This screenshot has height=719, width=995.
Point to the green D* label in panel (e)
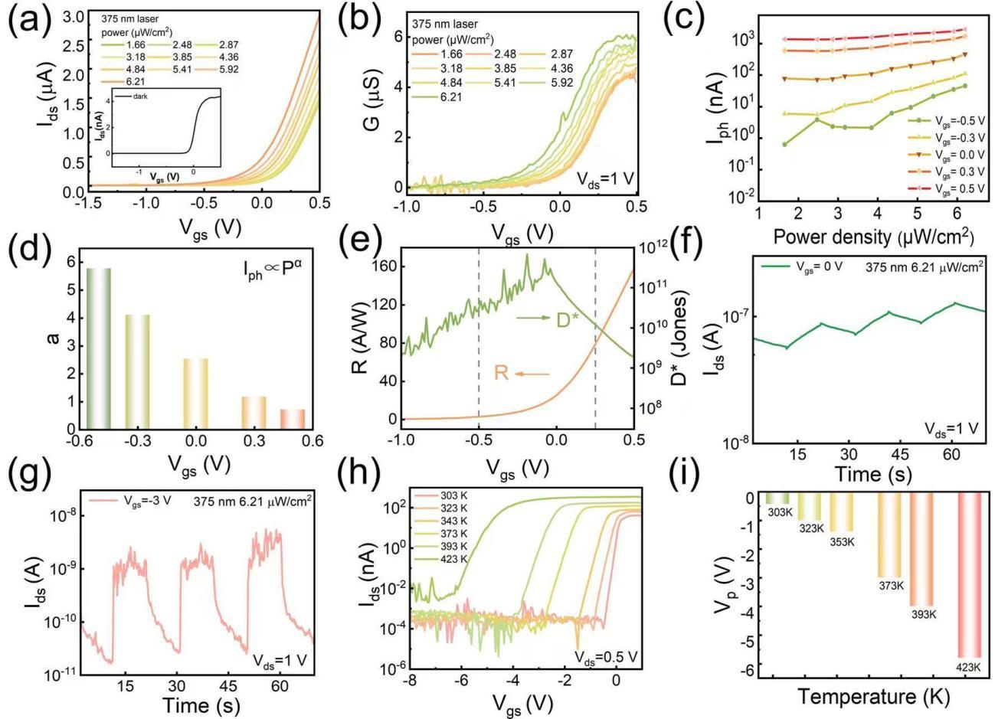point(572,320)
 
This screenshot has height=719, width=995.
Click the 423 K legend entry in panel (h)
point(458,559)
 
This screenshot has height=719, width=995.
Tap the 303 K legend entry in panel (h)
point(458,498)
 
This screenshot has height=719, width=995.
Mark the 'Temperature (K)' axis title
point(874,697)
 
